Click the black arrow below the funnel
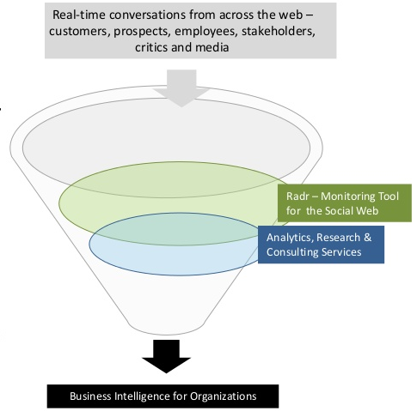(166, 356)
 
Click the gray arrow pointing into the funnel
(181, 88)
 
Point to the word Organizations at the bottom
(224, 396)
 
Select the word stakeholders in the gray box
(279, 31)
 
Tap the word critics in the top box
(151, 47)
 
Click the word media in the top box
(212, 47)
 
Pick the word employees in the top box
(206, 32)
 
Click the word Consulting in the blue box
(292, 252)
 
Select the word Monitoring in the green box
(347, 196)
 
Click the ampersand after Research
(367, 238)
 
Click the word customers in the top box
(80, 32)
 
